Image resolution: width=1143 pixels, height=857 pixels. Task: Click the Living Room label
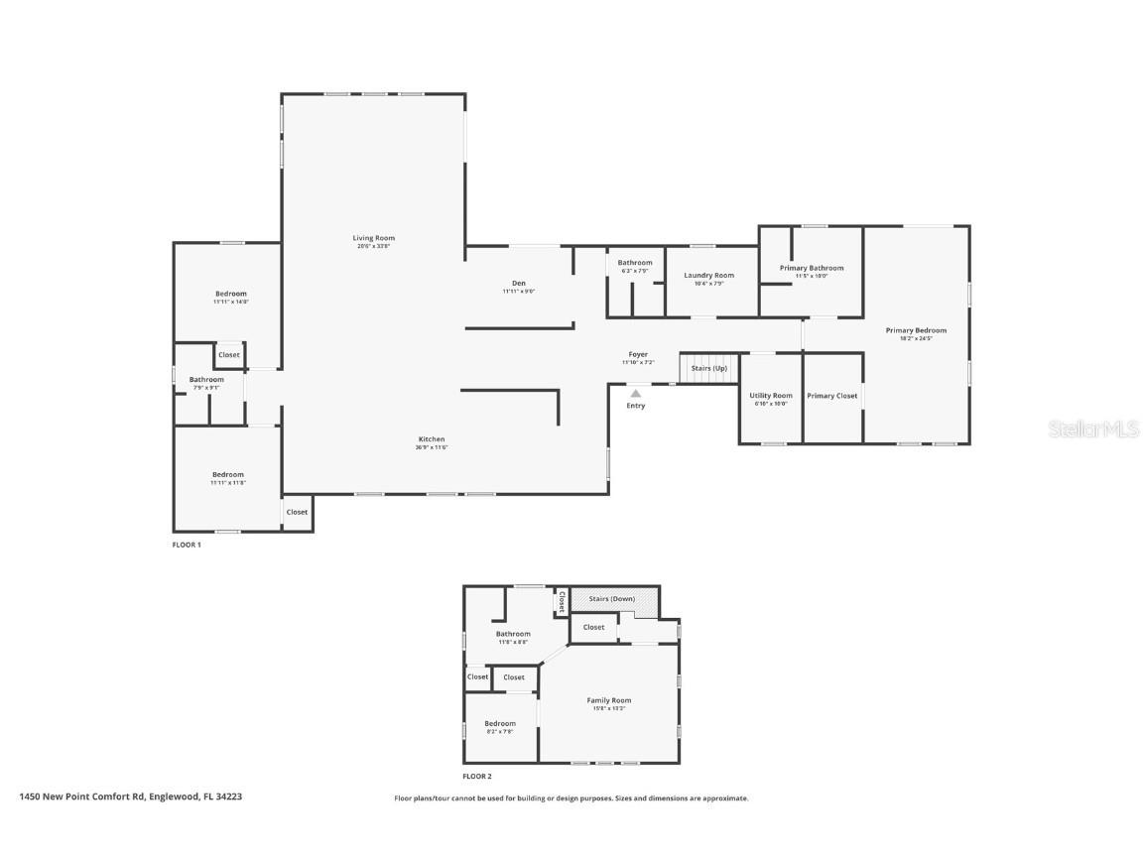tap(373, 238)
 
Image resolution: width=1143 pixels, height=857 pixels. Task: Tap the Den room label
tap(518, 284)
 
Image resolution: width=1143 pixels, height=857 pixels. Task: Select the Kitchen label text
tap(431, 439)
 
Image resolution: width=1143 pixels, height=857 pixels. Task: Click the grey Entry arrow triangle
tap(635, 394)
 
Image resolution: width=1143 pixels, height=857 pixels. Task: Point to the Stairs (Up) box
tap(709, 368)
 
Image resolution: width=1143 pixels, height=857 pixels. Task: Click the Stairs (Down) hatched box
tap(612, 599)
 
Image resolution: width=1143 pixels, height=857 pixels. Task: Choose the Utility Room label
tap(770, 396)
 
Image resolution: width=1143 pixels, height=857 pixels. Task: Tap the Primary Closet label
tap(831, 396)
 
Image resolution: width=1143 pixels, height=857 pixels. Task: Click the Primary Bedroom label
tap(916, 330)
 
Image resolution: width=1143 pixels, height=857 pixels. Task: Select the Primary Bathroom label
tap(811, 268)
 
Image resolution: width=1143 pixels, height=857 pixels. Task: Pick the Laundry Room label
tap(708, 276)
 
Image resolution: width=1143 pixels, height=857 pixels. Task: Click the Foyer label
tap(637, 354)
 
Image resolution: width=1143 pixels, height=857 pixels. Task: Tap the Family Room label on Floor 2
tap(608, 700)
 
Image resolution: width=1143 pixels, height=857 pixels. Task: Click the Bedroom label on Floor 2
tap(499, 724)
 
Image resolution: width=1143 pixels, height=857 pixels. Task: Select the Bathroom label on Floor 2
tap(513, 634)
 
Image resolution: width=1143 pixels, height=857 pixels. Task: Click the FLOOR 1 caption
tap(187, 546)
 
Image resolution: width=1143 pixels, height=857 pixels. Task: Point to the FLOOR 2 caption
tap(476, 777)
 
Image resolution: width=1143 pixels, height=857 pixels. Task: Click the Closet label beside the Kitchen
tap(297, 512)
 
